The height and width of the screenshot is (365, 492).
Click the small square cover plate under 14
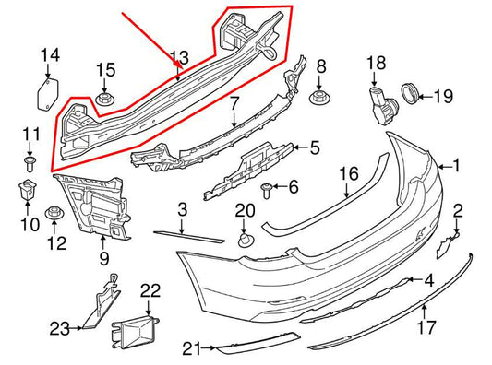click(44, 93)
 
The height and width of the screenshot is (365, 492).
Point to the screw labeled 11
click(30, 164)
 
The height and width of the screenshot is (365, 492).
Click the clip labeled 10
click(25, 191)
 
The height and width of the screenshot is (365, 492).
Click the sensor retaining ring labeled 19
click(407, 93)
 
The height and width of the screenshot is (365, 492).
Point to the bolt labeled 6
click(267, 190)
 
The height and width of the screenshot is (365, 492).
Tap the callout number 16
click(348, 173)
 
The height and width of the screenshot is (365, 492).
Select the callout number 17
click(425, 327)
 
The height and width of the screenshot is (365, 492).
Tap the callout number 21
click(191, 347)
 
